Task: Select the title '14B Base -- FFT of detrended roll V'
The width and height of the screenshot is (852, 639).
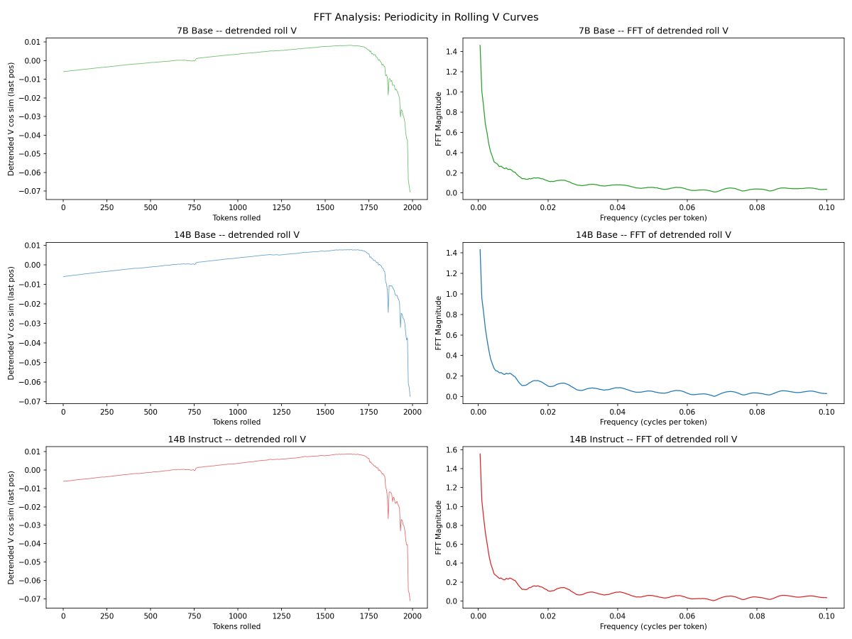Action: [653, 234]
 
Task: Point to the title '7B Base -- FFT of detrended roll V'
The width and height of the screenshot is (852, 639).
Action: [653, 31]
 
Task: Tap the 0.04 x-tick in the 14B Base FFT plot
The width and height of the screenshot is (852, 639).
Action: [618, 411]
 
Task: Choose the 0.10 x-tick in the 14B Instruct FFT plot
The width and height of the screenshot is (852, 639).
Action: [827, 616]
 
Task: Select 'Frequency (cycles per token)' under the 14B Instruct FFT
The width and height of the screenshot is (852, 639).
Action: [653, 626]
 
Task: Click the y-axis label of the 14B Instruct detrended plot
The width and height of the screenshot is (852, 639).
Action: [12, 526]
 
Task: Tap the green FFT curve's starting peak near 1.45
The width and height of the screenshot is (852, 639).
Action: [480, 45]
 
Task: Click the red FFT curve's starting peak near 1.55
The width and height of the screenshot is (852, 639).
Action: [480, 454]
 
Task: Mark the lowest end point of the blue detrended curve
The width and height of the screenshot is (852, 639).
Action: [410, 396]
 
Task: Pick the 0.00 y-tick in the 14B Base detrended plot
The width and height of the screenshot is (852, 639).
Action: [31, 265]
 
